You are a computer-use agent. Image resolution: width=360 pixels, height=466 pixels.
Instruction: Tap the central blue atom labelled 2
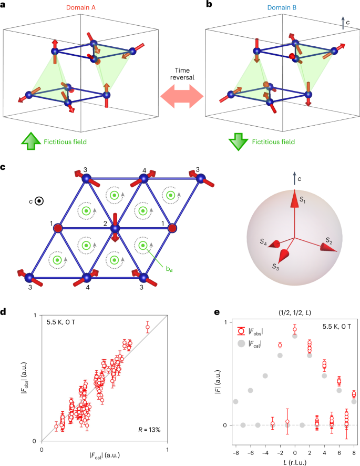coord(115,228)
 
